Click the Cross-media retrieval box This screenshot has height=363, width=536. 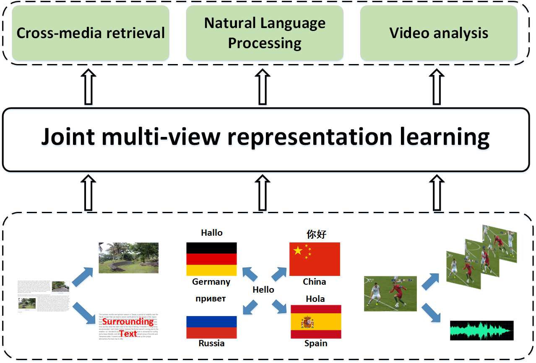91,33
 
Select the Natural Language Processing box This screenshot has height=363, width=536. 265,33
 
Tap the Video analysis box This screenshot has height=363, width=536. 439,33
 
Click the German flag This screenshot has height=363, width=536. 211,259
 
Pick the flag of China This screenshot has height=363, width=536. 315,259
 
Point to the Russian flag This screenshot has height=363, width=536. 211,327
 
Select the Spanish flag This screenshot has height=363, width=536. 316,322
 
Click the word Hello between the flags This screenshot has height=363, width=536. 263,290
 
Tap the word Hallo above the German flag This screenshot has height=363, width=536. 212,233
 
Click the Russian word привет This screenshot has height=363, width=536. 211,299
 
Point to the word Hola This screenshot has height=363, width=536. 315,299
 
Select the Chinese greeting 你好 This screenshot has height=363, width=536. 316,234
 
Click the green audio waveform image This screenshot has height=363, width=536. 481,331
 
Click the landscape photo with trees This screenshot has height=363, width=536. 128,257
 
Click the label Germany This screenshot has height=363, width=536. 211,282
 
